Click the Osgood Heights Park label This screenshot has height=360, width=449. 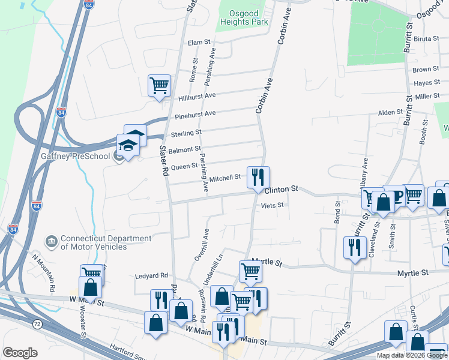tap(252, 17)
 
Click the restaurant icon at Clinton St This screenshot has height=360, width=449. tap(258, 177)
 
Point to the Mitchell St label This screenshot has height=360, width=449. tap(224, 178)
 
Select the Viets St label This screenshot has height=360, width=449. tap(272, 205)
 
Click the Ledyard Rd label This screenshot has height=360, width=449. tap(155, 275)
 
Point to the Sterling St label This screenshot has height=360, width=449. tap(186, 132)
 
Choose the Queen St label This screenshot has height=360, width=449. tap(184, 166)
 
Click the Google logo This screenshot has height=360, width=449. tap(20, 353)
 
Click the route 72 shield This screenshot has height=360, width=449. tap(37, 324)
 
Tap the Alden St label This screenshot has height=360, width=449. tap(390, 113)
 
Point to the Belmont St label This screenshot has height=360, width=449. tap(185, 149)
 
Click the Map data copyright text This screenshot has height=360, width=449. tap(412, 355)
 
